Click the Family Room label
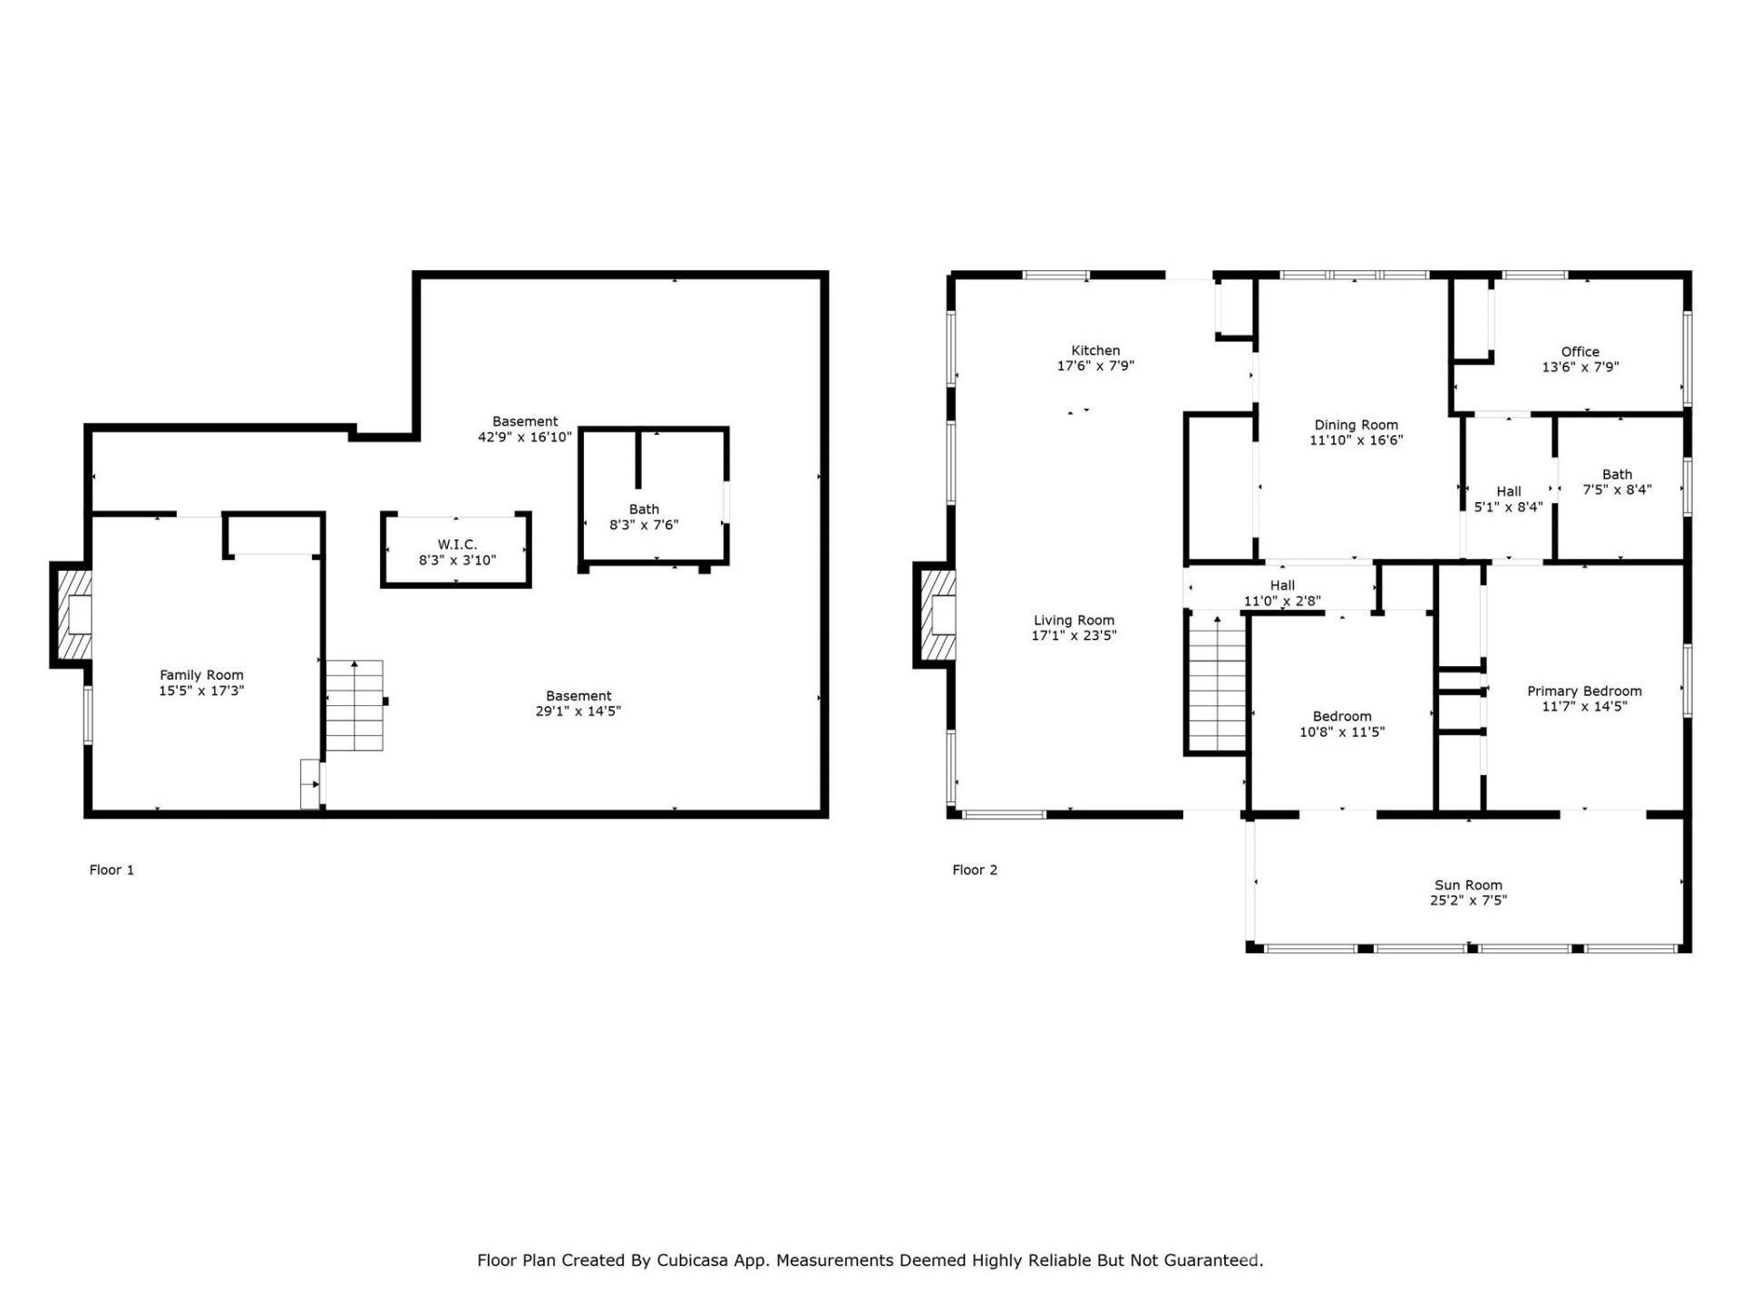[201, 675]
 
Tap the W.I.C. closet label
[457, 545]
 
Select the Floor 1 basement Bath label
[644, 509]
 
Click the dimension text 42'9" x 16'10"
[525, 437]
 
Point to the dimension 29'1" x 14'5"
[578, 711]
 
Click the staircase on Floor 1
[355, 707]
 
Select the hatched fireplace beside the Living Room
[938, 614]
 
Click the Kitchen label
[1095, 351]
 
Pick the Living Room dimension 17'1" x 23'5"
[1074, 636]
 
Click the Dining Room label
[1356, 425]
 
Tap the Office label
[1580, 352]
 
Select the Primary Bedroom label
[1583, 691]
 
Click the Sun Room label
[1467, 885]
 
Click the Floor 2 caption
[974, 870]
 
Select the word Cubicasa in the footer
[692, 1261]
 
